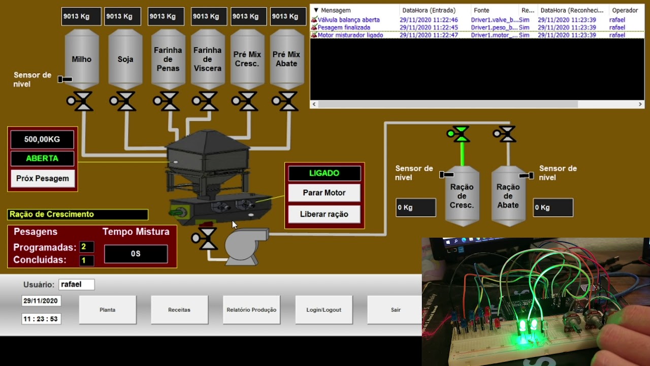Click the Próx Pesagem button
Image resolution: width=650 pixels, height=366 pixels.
42,178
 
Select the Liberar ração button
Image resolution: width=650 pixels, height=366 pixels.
324,214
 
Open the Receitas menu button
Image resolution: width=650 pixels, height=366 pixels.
179,310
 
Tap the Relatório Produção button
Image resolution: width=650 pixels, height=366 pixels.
251,310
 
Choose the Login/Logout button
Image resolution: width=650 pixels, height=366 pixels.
323,310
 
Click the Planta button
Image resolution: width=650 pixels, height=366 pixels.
108,310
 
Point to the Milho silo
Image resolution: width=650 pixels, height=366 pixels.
81,59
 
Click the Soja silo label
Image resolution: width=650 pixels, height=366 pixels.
125,59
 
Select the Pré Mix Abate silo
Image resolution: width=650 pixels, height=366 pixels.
286,59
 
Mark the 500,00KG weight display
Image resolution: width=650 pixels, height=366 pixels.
42,139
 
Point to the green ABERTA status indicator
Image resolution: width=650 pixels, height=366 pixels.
42,159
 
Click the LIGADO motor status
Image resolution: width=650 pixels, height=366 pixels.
324,173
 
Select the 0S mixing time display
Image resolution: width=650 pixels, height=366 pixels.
136,254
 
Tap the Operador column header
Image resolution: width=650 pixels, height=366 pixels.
625,10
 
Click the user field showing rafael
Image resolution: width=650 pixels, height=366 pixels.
76,285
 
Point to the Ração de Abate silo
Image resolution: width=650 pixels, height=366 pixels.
508,196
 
